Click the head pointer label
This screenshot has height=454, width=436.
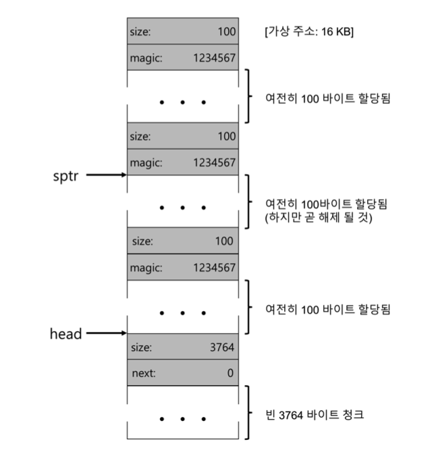(x=66, y=333)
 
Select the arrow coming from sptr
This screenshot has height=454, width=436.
(x=107, y=175)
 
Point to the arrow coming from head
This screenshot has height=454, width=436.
(x=107, y=333)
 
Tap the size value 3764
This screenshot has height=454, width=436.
(x=222, y=348)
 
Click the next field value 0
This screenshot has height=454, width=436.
(x=231, y=372)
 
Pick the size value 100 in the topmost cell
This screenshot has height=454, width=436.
(x=227, y=31)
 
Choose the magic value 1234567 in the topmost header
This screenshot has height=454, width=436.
(x=215, y=57)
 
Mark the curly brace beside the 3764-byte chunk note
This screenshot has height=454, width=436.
(x=249, y=412)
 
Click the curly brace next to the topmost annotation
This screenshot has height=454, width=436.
(x=249, y=96)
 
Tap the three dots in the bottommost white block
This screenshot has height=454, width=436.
(x=182, y=419)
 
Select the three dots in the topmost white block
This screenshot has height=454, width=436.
(x=182, y=103)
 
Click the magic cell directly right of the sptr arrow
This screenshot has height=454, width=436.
(x=182, y=162)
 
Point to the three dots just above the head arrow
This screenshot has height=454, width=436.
(x=182, y=313)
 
